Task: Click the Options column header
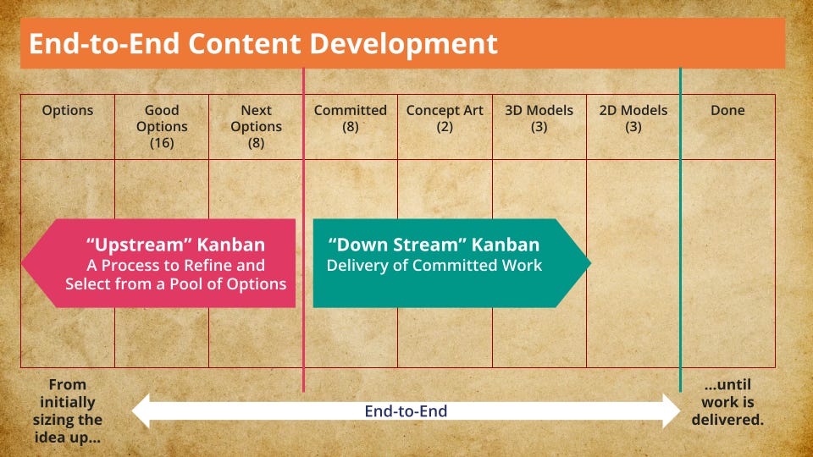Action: click(68, 110)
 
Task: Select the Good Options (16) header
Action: click(162, 126)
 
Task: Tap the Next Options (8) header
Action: click(256, 126)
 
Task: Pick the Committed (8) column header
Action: click(351, 118)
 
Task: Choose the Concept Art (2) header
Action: click(445, 118)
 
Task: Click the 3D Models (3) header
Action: click(539, 118)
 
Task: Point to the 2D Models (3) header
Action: click(633, 118)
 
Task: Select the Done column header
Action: click(727, 110)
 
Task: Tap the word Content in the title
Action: click(244, 43)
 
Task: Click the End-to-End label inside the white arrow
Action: click(406, 411)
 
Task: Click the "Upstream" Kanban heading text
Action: click(176, 245)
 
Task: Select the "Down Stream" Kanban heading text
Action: click(434, 245)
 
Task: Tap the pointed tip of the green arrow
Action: click(590, 263)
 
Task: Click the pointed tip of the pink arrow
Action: click(22, 263)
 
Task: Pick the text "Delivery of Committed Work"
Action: click(434, 265)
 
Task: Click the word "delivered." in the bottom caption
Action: click(727, 420)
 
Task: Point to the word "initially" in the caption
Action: click(68, 403)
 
